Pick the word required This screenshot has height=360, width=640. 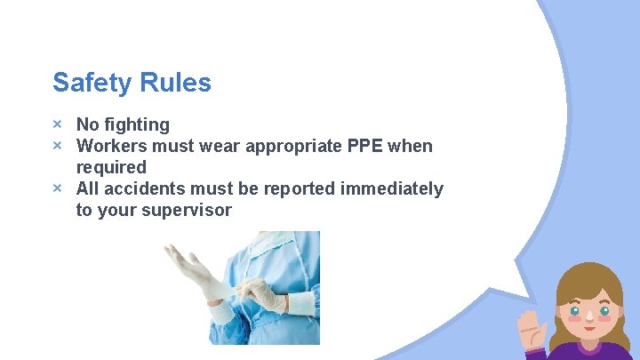click(111, 167)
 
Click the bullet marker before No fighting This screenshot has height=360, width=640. click(57, 124)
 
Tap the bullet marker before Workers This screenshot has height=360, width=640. click(57, 146)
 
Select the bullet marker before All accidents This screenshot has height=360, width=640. click(57, 188)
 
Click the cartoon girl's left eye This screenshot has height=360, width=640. click(575, 313)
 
